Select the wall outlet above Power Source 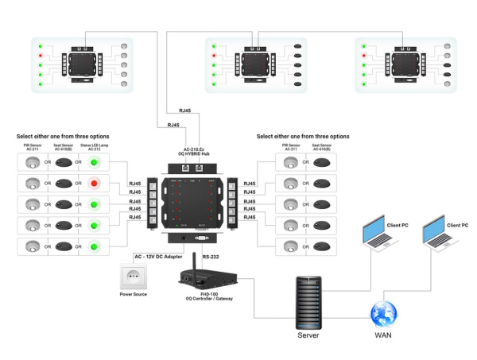[x=133, y=277]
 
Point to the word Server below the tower [x=309, y=335]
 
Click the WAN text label [x=382, y=335]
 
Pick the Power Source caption [x=133, y=295]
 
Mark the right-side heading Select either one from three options [x=303, y=137]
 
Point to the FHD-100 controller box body [x=207, y=281]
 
